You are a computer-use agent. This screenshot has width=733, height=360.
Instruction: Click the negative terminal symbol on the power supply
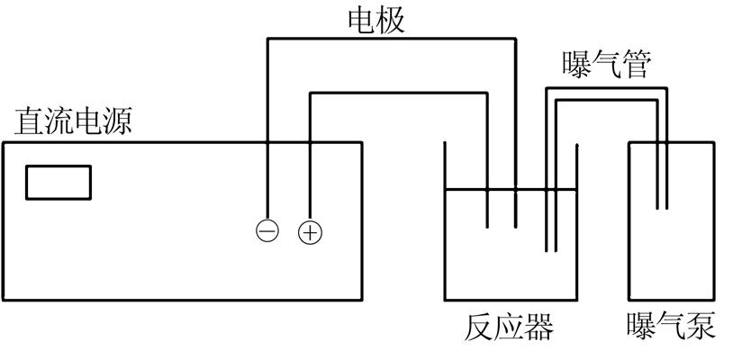[x=267, y=231]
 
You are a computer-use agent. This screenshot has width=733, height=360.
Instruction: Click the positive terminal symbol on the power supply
[x=310, y=232]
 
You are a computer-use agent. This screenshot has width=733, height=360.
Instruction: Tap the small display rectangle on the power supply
[x=59, y=182]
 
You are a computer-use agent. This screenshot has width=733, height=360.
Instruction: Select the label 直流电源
[x=74, y=121]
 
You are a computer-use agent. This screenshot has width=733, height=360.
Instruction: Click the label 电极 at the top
[x=376, y=19]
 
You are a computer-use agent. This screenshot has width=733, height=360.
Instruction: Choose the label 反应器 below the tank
[x=510, y=327]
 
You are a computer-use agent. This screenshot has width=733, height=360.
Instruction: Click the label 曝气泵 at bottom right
[x=672, y=327]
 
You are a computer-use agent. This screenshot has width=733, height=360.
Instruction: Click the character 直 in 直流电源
[x=29, y=121]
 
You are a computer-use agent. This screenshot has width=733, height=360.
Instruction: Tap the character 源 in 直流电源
[x=118, y=121]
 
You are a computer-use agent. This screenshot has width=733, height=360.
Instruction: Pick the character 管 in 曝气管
[x=635, y=64]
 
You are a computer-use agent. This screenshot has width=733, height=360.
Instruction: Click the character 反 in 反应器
[x=481, y=327]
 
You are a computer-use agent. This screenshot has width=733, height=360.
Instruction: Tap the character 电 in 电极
[x=362, y=19]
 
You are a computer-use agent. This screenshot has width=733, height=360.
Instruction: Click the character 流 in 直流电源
[x=59, y=121]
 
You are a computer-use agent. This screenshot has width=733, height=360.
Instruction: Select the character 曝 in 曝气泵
[x=643, y=327]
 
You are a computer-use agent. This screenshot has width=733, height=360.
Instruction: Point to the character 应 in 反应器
[x=510, y=327]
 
